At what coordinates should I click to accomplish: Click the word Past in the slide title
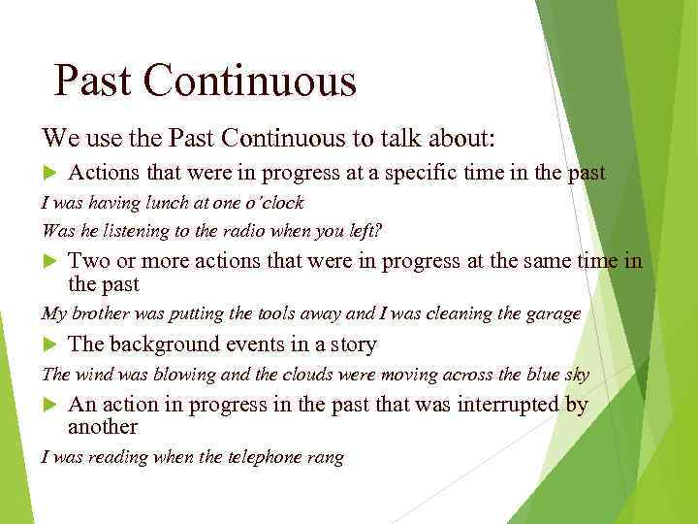92,82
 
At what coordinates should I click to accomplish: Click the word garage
554,313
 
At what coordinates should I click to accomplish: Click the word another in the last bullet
103,427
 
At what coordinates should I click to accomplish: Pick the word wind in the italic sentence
91,375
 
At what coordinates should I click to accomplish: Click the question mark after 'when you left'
379,231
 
